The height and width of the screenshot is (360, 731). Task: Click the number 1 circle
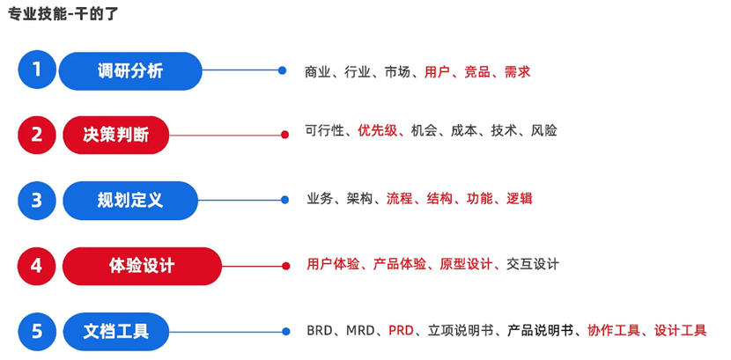36,70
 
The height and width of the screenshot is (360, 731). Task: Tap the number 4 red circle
36,265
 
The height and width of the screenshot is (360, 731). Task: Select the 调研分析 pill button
130,70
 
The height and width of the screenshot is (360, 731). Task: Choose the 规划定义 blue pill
130,200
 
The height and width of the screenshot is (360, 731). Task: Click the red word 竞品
476,72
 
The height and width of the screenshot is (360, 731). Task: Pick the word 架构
359,199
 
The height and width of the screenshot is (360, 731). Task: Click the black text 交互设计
534,264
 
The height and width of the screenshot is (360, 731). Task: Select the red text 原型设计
467,264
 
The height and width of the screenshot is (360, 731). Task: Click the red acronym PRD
401,331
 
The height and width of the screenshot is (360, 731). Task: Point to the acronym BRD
321,331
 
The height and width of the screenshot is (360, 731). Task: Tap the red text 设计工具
680,331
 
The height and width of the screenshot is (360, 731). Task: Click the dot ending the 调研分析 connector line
282,70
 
